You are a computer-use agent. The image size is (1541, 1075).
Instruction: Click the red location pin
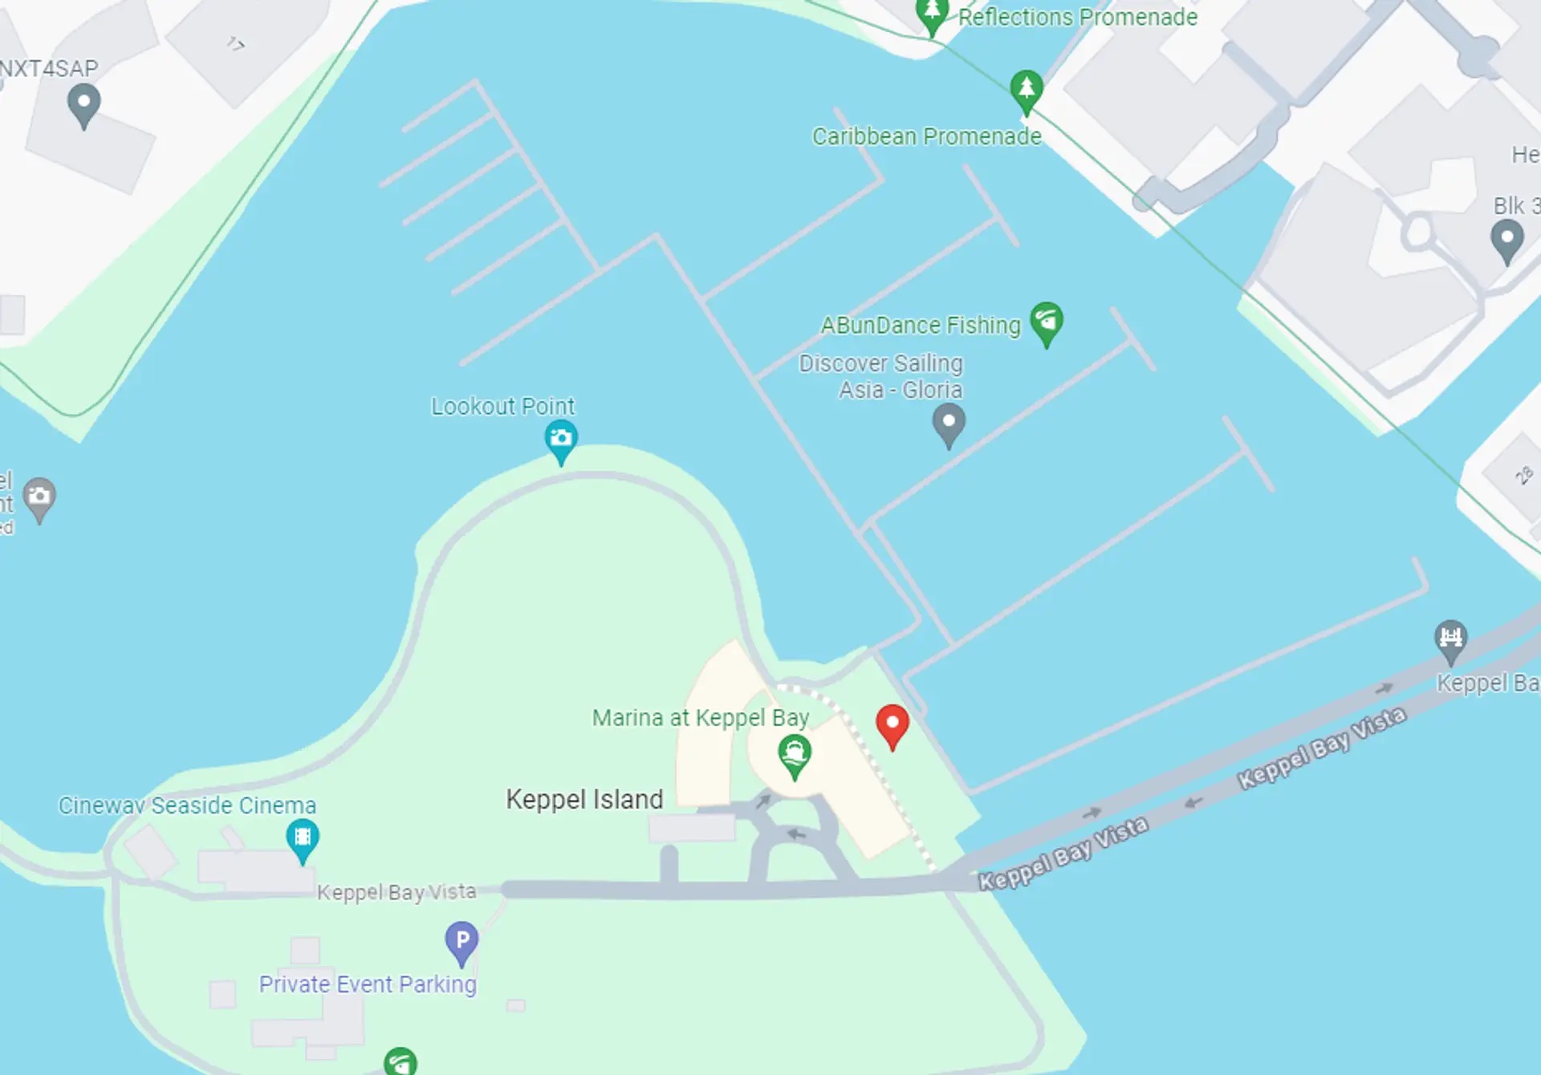(892, 724)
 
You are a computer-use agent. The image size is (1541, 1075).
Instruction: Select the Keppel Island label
(584, 799)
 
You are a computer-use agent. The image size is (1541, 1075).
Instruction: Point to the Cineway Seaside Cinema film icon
(303, 838)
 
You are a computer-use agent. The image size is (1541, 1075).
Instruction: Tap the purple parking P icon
(461, 941)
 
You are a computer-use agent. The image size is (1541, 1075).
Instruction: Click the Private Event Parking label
(368, 984)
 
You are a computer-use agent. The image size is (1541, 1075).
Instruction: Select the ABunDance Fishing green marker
(1047, 322)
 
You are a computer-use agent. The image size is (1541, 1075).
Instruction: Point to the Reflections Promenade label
(1077, 17)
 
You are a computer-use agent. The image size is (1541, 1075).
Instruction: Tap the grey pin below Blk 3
(1506, 239)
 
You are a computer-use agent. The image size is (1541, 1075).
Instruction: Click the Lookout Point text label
(502, 407)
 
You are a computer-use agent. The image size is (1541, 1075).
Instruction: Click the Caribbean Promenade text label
(926, 136)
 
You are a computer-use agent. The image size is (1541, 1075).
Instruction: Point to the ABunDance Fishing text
(920, 325)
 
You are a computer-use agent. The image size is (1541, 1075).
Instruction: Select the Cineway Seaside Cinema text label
(187, 805)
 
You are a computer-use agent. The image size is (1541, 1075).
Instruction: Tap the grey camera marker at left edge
(39, 497)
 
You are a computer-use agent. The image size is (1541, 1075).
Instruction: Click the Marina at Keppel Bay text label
(700, 717)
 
